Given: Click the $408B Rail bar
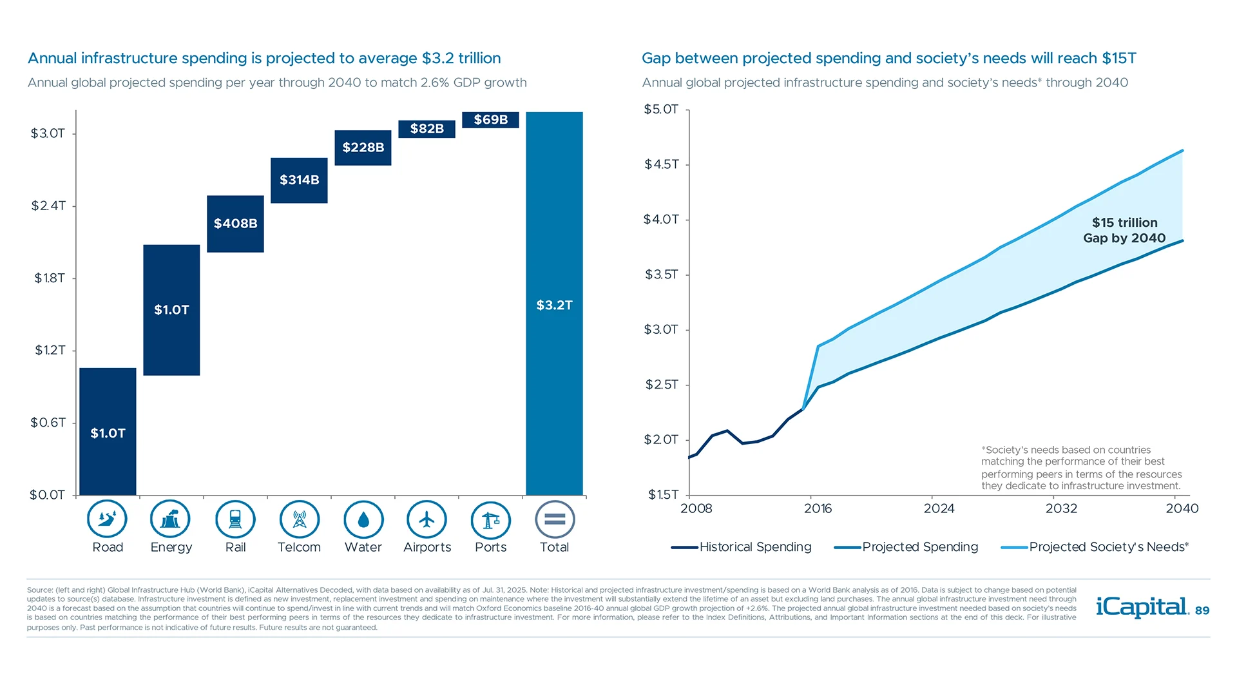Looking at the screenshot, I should click(235, 224).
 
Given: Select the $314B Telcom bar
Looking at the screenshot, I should click(299, 180).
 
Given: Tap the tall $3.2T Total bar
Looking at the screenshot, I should click(554, 304).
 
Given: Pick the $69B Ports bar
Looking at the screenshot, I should click(490, 120).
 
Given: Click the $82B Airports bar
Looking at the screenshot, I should click(427, 129).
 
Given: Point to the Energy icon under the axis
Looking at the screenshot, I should click(170, 519).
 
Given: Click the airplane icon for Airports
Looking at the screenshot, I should click(427, 519).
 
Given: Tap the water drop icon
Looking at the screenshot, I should click(363, 519).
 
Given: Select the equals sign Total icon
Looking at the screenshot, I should click(554, 519).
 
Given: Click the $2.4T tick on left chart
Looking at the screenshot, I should click(48, 206).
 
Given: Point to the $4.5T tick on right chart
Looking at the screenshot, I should click(662, 164).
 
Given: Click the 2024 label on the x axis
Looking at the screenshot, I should click(939, 508).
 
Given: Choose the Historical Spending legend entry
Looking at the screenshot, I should click(742, 547).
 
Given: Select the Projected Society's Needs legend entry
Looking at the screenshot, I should click(1095, 547).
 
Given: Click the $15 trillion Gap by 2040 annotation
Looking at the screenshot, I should click(1124, 230).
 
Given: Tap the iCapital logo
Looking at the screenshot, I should click(1142, 607).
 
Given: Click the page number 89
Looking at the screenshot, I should click(1202, 611).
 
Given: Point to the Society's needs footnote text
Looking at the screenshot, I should click(1081, 468).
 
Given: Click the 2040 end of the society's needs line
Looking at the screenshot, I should click(1182, 151).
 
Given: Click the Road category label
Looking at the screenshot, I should click(108, 547).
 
